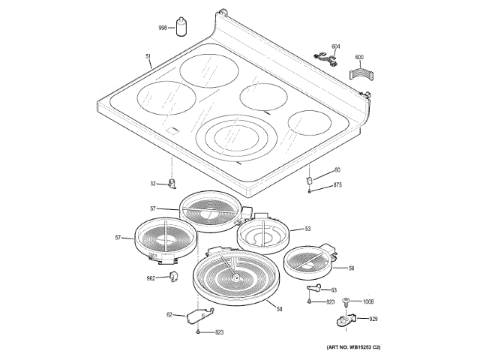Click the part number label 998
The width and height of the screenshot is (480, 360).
click(162, 28)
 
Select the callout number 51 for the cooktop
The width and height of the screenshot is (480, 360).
click(148, 56)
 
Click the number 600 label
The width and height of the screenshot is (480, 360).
click(358, 58)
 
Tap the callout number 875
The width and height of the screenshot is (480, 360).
click(337, 184)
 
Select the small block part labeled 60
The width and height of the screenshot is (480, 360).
click(308, 181)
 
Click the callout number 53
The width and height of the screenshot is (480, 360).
click(307, 229)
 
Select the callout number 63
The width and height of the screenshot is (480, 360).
click(334, 290)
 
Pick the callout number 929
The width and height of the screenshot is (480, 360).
click(373, 319)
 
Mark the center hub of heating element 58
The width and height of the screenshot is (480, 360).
click(237, 277)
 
